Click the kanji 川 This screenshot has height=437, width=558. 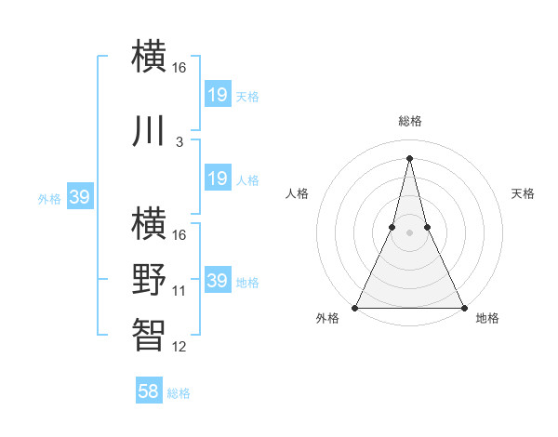[150, 131]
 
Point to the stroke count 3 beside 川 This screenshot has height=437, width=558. [179, 142]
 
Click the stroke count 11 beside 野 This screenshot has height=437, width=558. [179, 291]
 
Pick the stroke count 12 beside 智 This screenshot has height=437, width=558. [179, 347]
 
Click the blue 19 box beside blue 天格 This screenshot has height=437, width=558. [217, 94]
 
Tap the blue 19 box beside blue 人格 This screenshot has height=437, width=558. [217, 179]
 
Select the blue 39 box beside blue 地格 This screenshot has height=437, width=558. [217, 280]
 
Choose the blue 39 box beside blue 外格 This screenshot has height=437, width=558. [80, 197]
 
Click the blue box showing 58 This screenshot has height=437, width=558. [149, 391]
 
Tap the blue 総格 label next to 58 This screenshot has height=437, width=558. [179, 393]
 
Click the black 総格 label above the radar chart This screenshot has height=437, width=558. [409, 122]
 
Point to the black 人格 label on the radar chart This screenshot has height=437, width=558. [297, 193]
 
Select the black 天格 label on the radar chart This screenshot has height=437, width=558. [523, 193]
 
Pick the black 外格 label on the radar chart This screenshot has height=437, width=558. [327, 318]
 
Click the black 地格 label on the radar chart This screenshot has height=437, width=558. [487, 318]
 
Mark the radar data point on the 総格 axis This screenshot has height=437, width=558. [409, 157]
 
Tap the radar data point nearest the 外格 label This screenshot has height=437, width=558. [355, 307]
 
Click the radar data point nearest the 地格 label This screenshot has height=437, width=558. [463, 307]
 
